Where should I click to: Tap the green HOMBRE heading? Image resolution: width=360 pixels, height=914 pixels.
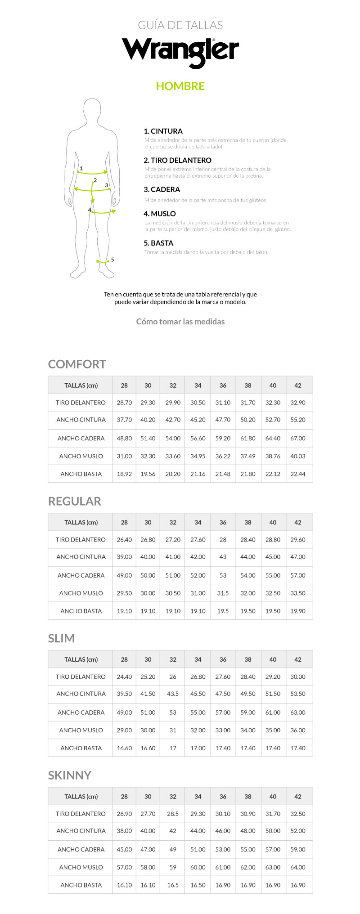point(180,86)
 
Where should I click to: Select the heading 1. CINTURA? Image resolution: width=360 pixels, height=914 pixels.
point(163,131)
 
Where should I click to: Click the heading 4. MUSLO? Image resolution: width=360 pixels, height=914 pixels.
point(160,214)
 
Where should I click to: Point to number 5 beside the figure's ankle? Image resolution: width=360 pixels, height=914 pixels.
point(112,260)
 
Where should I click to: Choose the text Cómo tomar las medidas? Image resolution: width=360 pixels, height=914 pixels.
point(180,322)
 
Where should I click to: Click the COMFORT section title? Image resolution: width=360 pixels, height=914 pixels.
point(77,364)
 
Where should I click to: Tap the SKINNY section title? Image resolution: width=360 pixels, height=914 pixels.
point(70,775)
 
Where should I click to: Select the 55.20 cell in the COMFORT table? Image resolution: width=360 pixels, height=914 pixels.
point(298,420)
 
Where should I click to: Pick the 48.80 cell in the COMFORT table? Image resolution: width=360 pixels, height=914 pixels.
point(124,438)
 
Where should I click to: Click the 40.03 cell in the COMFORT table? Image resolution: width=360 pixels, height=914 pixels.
point(298,456)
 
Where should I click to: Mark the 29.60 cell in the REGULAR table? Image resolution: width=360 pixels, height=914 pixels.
point(298,540)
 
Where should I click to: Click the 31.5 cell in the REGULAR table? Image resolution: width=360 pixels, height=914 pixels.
point(223,593)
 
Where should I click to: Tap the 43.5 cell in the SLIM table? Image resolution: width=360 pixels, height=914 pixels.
point(173,694)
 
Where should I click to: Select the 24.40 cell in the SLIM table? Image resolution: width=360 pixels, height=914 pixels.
point(124,677)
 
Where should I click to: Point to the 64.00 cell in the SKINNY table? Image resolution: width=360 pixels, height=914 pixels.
point(298,867)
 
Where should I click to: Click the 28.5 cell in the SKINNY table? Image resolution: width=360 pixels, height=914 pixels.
point(173,814)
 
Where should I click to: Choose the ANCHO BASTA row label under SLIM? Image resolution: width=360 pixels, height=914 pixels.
point(81,748)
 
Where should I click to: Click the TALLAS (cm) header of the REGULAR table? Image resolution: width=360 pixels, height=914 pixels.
point(81,523)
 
